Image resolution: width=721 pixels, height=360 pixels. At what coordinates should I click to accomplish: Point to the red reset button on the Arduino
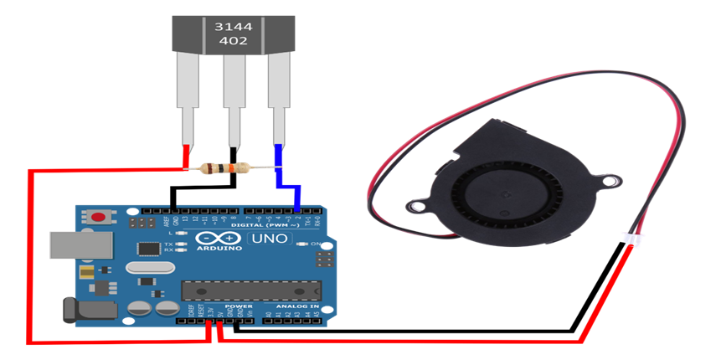[x=100, y=217]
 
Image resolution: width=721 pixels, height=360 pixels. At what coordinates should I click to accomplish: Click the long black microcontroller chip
[x=251, y=290]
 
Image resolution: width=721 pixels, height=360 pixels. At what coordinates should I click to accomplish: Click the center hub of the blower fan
[x=500, y=193]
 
